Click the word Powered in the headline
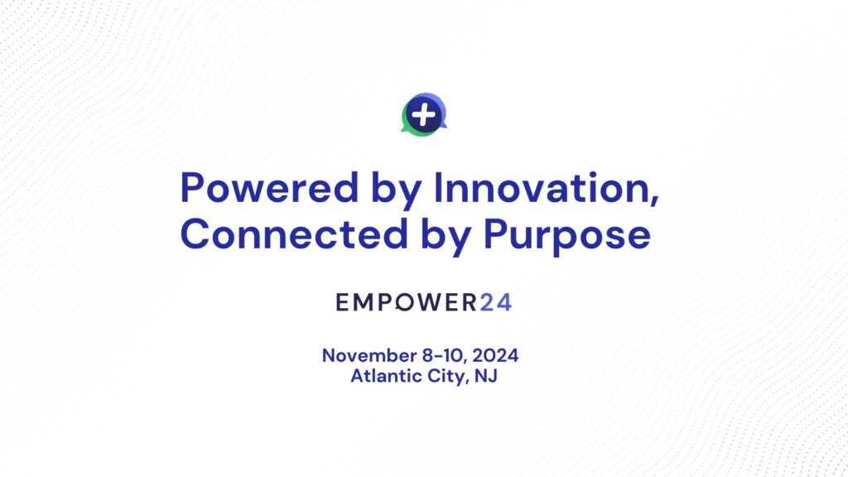[x=269, y=188]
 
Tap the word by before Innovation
[x=397, y=190]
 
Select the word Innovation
[x=542, y=188]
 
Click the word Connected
[x=294, y=234]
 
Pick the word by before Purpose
[x=446, y=237]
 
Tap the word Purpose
[x=566, y=237]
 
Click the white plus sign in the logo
[x=423, y=114]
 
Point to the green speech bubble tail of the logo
[x=404, y=129]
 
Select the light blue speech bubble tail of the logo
[x=444, y=126]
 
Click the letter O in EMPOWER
[x=404, y=302]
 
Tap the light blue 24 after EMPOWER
[x=495, y=302]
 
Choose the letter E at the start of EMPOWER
[x=342, y=302]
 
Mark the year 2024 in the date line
[x=495, y=355]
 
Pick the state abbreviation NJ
[x=485, y=375]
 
